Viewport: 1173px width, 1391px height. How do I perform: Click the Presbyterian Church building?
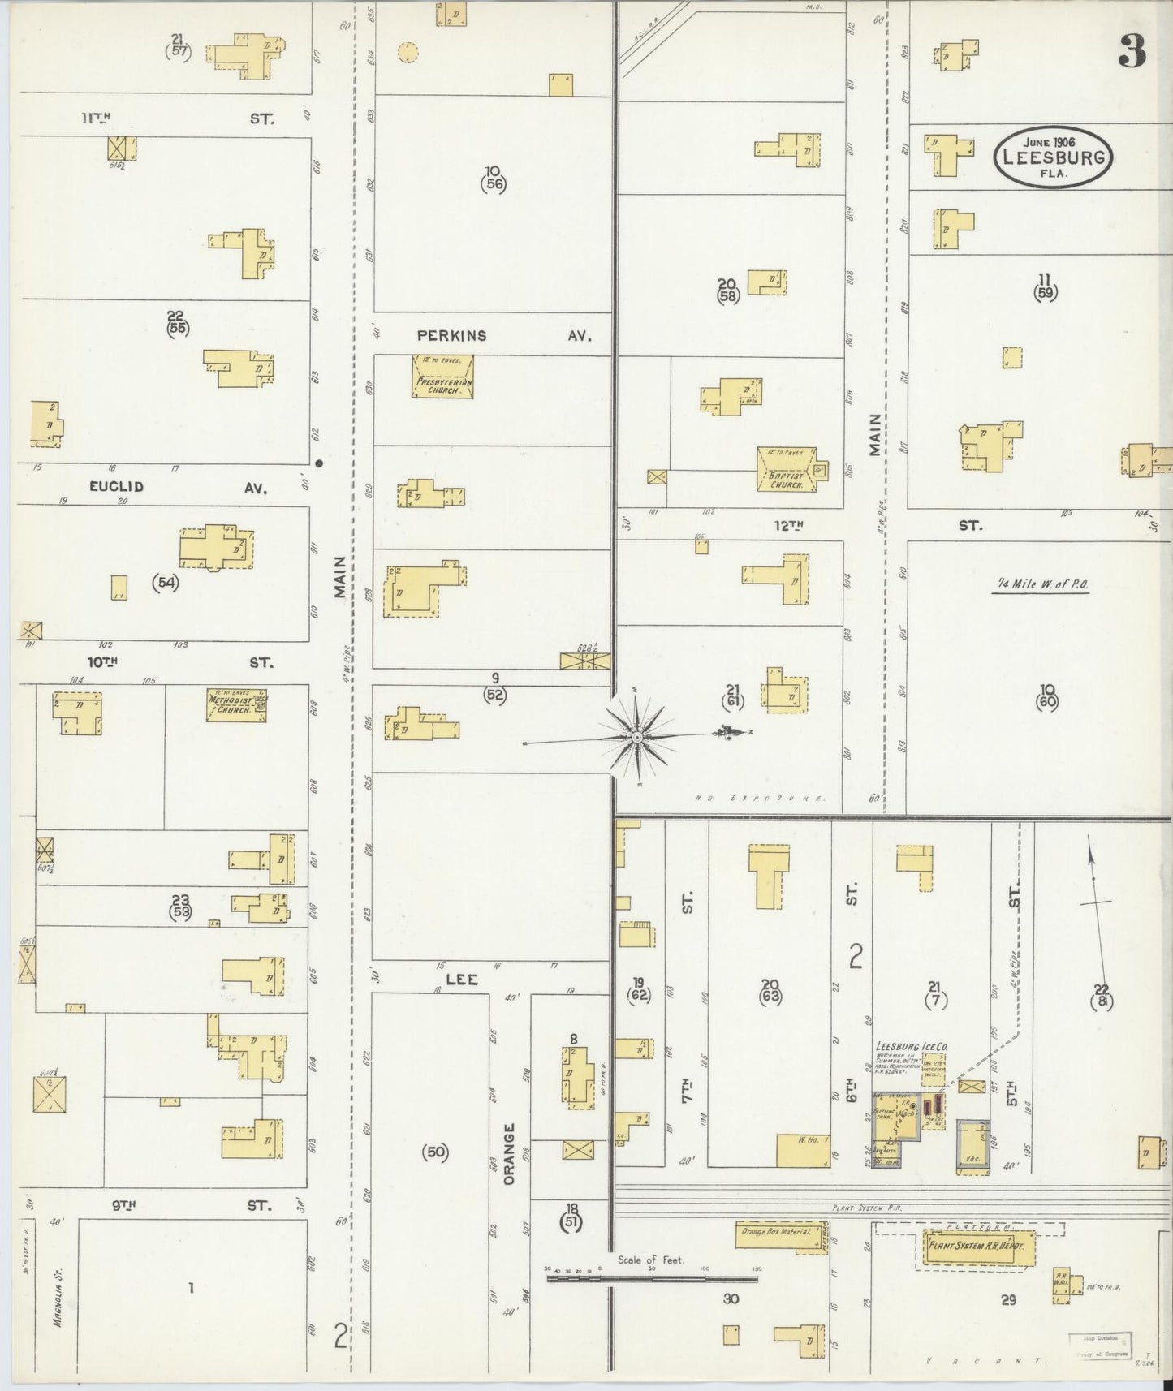[442, 377]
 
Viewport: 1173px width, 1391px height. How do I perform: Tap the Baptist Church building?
[787, 469]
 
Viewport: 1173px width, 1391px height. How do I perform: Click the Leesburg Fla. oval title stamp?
[1053, 157]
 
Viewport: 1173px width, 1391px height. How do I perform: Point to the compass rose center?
[638, 737]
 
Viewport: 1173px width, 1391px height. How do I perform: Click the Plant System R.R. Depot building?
[977, 1246]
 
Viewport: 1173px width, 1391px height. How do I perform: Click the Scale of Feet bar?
[651, 1277]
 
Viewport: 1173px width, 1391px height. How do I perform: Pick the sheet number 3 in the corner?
[1132, 52]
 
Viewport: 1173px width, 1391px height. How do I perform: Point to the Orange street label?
[509, 1154]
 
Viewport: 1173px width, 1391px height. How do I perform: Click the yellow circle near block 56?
[408, 54]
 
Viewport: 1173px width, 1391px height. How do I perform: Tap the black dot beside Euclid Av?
[319, 463]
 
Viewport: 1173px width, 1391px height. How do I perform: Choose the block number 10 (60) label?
[1046, 697]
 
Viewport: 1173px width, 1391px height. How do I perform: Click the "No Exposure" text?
[761, 799]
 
